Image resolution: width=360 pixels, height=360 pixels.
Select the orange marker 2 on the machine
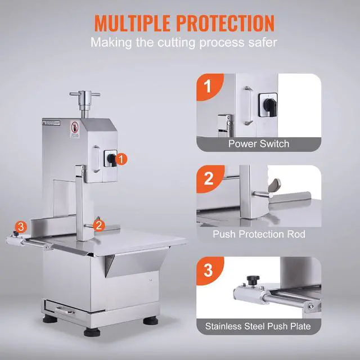[99, 225]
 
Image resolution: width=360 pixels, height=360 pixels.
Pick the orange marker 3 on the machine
[21, 227]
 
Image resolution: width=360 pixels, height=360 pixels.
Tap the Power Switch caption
[259, 143]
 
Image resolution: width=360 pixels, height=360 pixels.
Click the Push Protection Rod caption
[259, 233]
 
